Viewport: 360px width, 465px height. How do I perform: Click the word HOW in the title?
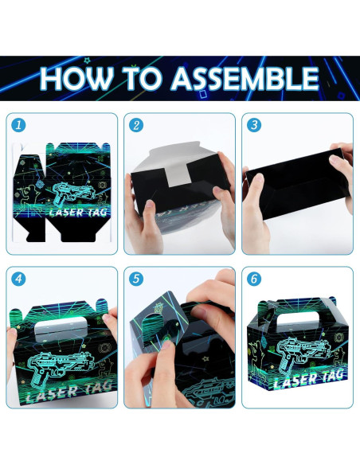(x=78, y=78)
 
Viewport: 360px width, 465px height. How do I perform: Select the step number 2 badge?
(x=136, y=125)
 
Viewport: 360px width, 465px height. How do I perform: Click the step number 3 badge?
(x=254, y=125)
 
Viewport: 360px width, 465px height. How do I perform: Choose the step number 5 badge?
(x=136, y=279)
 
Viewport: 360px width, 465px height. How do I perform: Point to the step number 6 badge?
(x=254, y=279)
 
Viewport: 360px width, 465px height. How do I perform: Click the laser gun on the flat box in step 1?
(x=71, y=195)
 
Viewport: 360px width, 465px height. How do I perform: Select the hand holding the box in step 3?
(x=342, y=171)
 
